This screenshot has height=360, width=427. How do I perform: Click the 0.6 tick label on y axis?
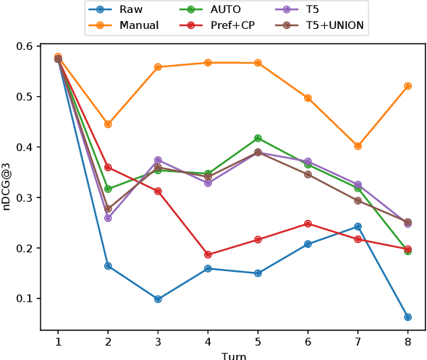(26, 46)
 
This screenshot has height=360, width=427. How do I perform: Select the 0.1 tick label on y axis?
(26, 299)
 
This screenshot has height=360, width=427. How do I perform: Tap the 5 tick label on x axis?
(258, 340)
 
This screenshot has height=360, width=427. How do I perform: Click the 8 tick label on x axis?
(407, 340)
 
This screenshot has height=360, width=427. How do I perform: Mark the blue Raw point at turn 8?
(407, 317)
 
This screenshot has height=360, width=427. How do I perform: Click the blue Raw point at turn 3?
(158, 299)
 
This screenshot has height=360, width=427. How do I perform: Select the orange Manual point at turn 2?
(108, 124)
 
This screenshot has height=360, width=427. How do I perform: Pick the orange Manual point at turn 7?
(358, 146)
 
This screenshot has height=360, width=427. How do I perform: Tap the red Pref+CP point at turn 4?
(208, 254)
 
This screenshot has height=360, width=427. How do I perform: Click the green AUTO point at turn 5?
(258, 138)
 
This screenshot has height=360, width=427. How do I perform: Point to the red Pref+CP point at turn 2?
(108, 167)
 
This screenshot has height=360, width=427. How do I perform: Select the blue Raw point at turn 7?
(358, 226)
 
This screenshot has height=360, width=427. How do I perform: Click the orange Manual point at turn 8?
(407, 86)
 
